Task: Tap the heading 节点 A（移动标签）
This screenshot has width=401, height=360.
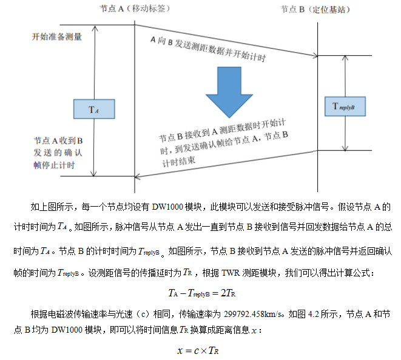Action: point(134,10)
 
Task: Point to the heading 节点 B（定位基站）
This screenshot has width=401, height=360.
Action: point(315,10)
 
